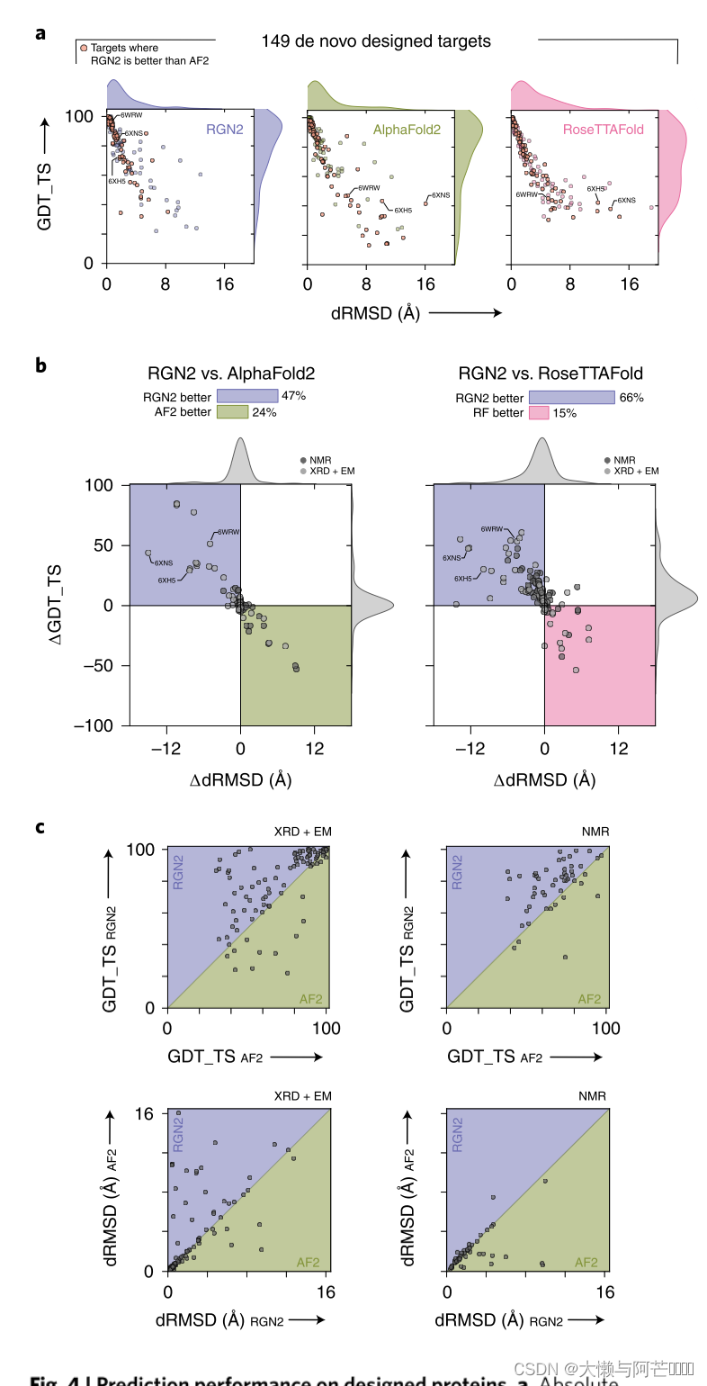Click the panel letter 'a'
(x=40, y=33)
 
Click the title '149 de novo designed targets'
(x=376, y=40)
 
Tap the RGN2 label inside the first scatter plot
(x=225, y=130)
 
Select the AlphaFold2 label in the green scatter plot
(x=407, y=130)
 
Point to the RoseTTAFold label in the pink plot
(x=603, y=130)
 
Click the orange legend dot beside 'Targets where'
(x=84, y=48)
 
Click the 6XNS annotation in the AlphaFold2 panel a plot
(x=440, y=194)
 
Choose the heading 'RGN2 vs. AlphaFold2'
(x=231, y=373)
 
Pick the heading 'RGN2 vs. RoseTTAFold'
(x=550, y=373)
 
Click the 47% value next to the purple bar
(x=294, y=396)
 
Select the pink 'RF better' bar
(x=539, y=412)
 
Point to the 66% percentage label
(x=631, y=397)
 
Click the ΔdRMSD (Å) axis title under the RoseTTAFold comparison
(x=544, y=779)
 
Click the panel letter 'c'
(x=40, y=825)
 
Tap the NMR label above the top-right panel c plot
(x=595, y=832)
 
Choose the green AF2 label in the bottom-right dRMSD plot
(x=586, y=1262)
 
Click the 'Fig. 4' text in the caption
(x=58, y=1381)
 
